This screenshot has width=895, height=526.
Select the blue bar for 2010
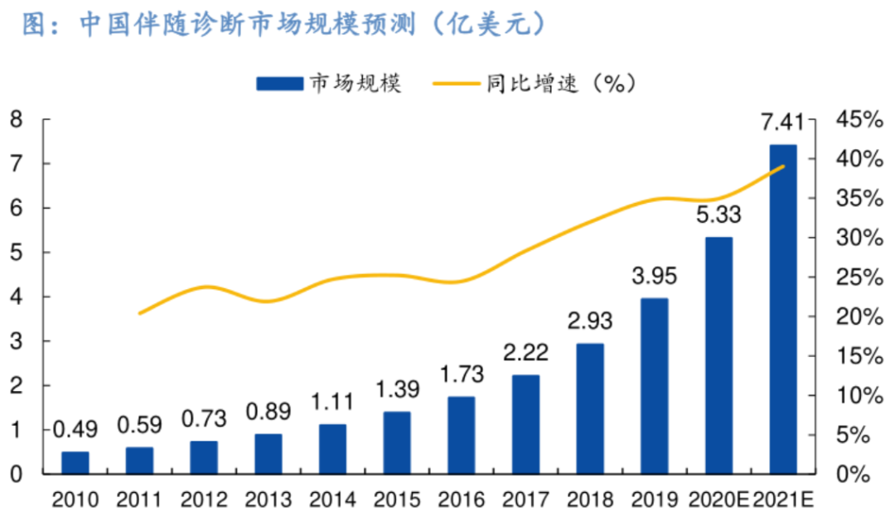(x=75, y=462)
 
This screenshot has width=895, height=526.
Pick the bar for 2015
(x=397, y=442)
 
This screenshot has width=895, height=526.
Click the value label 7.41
(x=782, y=124)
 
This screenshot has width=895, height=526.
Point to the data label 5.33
(x=718, y=215)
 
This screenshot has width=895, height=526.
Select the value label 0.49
(x=75, y=430)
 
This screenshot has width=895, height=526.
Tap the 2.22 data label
(x=525, y=354)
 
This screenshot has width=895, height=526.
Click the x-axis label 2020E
(x=718, y=499)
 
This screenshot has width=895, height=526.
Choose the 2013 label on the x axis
(x=268, y=499)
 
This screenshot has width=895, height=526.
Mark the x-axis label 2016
(x=461, y=499)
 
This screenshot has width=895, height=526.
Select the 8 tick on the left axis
(x=16, y=120)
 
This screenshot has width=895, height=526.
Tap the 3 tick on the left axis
(x=16, y=341)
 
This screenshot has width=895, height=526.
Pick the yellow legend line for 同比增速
(x=454, y=84)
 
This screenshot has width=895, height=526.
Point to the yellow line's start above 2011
(x=139, y=313)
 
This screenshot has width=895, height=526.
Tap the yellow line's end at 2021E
(x=783, y=166)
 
